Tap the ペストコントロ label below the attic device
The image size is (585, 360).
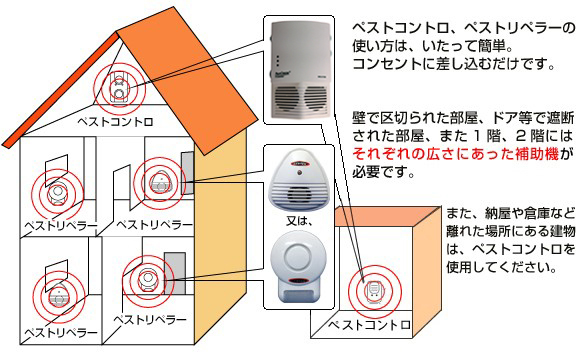116,121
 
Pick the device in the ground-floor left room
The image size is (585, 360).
55,293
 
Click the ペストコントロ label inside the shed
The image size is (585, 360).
370,325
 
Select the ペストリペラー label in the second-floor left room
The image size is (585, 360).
60,227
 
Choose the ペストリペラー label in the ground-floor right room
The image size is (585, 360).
150,318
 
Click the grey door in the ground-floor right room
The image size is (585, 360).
175,270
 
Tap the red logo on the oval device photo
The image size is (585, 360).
304,158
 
